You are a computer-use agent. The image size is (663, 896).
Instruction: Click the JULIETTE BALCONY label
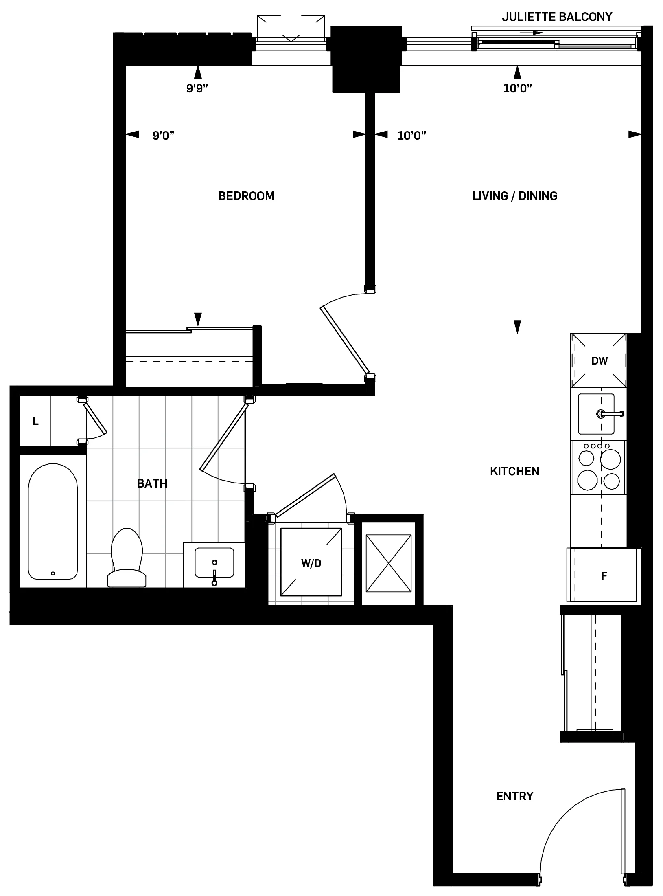click(x=556, y=17)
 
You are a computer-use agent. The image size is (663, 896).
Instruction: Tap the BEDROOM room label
click(x=246, y=196)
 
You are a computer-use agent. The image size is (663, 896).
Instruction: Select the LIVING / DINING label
click(x=514, y=196)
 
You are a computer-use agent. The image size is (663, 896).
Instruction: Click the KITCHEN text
click(x=514, y=471)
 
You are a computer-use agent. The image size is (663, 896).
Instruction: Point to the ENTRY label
click(x=514, y=796)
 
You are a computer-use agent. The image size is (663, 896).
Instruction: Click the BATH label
click(x=152, y=483)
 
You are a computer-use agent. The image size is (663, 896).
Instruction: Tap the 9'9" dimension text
click(x=197, y=88)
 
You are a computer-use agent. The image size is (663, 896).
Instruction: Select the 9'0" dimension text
click(x=163, y=136)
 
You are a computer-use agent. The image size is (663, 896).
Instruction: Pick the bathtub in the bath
click(x=53, y=521)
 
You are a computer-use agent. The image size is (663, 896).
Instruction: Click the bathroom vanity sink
click(x=214, y=562)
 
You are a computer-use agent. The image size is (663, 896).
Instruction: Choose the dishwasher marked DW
click(x=599, y=360)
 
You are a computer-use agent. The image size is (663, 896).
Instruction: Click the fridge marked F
click(x=604, y=576)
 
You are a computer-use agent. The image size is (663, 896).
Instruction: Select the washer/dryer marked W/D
click(x=311, y=563)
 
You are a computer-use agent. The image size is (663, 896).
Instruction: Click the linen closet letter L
click(x=36, y=422)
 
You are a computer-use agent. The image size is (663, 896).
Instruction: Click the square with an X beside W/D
click(x=389, y=563)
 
